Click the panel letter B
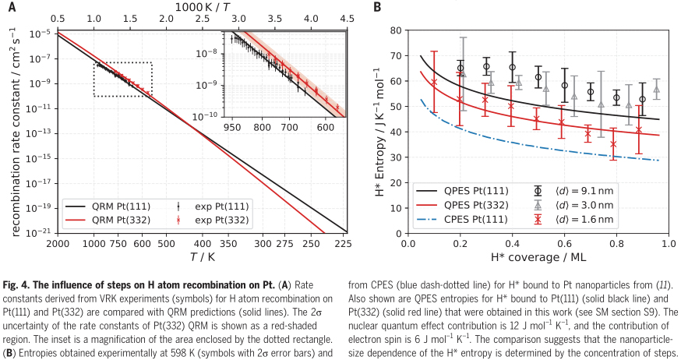pos(378,7)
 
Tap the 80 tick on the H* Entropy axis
pos(395,31)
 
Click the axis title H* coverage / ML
pos(538,256)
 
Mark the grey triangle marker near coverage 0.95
pos(657,89)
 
